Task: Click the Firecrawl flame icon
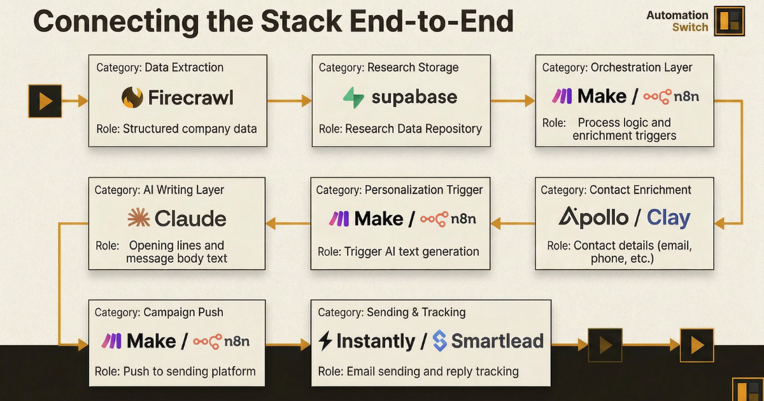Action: coord(132,97)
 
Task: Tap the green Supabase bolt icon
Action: coord(353,97)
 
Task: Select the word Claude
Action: coord(190,219)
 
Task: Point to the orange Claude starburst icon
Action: coord(138,218)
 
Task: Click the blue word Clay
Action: coord(668,218)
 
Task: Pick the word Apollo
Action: coord(593,218)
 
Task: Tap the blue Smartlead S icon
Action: coord(439,341)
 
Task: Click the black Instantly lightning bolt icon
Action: coord(325,341)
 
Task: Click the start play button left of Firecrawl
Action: coord(45,101)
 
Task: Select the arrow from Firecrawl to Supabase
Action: coord(288,101)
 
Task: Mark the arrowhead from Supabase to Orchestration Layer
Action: coord(530,100)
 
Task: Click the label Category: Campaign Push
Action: coord(159,313)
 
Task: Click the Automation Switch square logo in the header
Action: coord(729,20)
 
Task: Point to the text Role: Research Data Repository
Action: coord(400,129)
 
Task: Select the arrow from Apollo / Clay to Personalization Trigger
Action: coord(513,223)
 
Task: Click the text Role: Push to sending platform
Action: coord(175,371)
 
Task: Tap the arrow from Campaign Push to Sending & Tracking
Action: coord(288,345)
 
